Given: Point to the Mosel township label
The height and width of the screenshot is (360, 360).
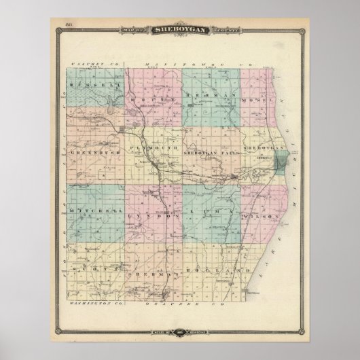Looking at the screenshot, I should pyautogui.click(x=259, y=99).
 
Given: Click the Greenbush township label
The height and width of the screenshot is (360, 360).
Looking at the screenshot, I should pyautogui.click(x=91, y=154).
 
